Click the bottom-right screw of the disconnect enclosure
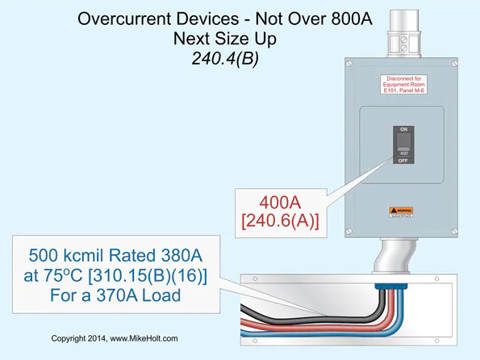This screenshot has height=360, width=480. coord(450,228)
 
